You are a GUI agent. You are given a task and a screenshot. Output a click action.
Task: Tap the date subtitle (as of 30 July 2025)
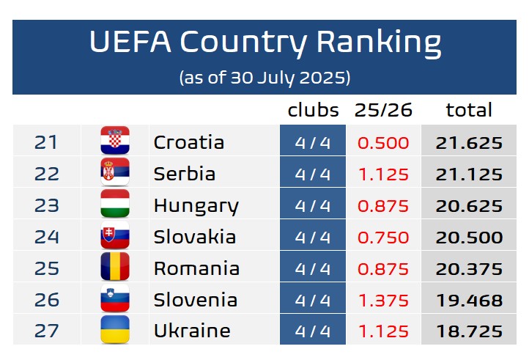[x=264, y=77]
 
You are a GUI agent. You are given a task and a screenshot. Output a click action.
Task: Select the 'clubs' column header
[x=313, y=111]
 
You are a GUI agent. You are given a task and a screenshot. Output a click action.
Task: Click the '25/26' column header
[x=383, y=111]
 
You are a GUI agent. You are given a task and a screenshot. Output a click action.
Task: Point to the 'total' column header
[x=469, y=111]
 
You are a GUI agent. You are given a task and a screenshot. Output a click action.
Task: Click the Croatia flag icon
[x=115, y=142]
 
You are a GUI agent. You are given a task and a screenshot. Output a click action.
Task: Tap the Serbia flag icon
[x=115, y=173]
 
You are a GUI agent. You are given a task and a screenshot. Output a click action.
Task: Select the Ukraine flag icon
[x=115, y=331]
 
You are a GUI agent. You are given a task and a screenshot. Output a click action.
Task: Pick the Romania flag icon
[x=115, y=268]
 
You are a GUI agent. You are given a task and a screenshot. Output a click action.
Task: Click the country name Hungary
[x=196, y=206]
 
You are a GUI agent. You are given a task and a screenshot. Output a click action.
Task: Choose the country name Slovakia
[x=194, y=237]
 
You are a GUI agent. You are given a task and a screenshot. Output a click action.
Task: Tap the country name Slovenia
[x=195, y=300]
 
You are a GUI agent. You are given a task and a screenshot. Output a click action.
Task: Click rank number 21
[x=46, y=142]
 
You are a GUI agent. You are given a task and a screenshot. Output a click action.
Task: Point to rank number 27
[x=46, y=331]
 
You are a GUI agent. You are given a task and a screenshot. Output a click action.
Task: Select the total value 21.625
[x=469, y=142]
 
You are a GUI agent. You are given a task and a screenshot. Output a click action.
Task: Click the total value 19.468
[x=469, y=300]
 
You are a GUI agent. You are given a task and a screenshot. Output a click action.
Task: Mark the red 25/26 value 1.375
[x=383, y=300]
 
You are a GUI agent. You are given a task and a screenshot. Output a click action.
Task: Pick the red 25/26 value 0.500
[x=383, y=142]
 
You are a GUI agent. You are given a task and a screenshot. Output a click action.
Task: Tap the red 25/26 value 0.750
[x=383, y=237]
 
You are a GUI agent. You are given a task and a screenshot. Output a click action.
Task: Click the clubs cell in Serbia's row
[x=313, y=174]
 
